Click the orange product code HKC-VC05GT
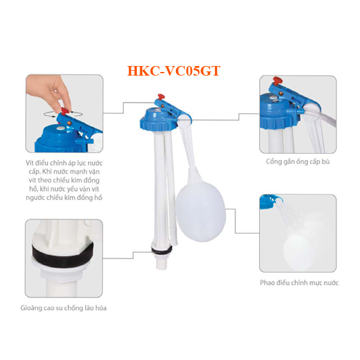click(x=174, y=71)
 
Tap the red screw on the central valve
click(x=161, y=97)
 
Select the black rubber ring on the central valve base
click(x=161, y=250)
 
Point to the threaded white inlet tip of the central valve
click(x=161, y=262)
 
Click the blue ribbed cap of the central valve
click(x=158, y=122)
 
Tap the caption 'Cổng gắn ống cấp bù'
click(x=298, y=161)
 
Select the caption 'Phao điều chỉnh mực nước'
click(x=299, y=283)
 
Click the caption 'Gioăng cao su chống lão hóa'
click(x=64, y=308)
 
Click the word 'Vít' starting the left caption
click(x=29, y=163)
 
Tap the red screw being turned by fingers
click(x=65, y=112)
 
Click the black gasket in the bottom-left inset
click(x=62, y=254)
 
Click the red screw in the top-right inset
click(x=278, y=81)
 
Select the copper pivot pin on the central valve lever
click(x=163, y=106)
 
